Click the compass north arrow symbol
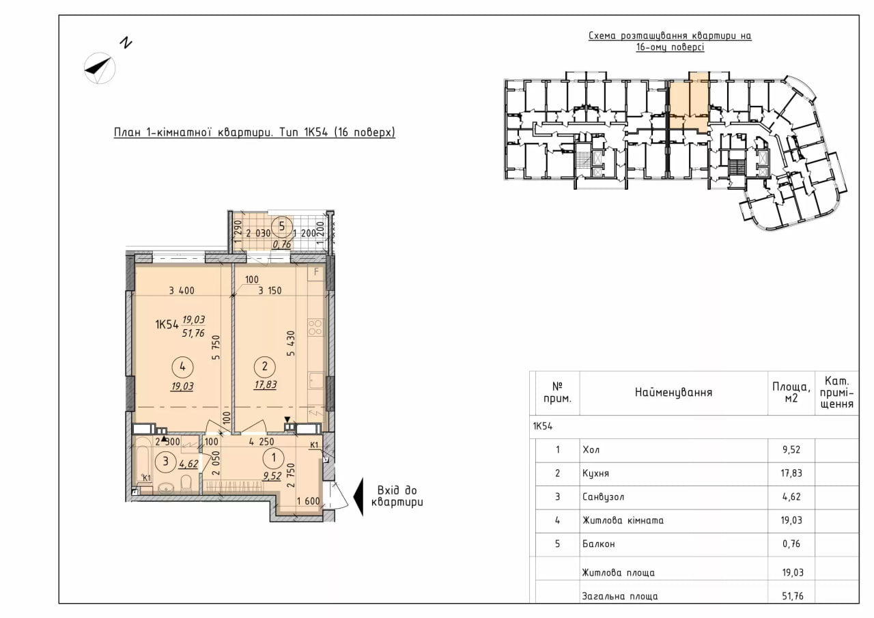pyautogui.click(x=100, y=68)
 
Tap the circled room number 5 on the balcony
pyautogui.click(x=282, y=226)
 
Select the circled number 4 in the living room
pyautogui.click(x=182, y=367)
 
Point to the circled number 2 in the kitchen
pyautogui.click(x=265, y=367)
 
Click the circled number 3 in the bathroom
pyautogui.click(x=165, y=462)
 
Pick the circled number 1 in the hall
pyautogui.click(x=274, y=458)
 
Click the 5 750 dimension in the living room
pyautogui.click(x=216, y=347)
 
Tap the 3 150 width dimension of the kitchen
pyautogui.click(x=270, y=291)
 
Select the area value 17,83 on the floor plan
pyautogui.click(x=266, y=384)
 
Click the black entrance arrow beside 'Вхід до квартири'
pyautogui.click(x=358, y=496)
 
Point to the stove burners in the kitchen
pyautogui.click(x=315, y=328)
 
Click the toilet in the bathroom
pyautogui.click(x=186, y=483)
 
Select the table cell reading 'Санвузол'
pyautogui.click(x=603, y=496)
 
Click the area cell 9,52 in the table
pyautogui.click(x=791, y=450)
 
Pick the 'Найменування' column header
pyautogui.click(x=673, y=392)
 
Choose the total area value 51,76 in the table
pyautogui.click(x=793, y=595)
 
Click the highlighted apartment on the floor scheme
pyautogui.click(x=689, y=102)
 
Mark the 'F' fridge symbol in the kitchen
pyautogui.click(x=316, y=272)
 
